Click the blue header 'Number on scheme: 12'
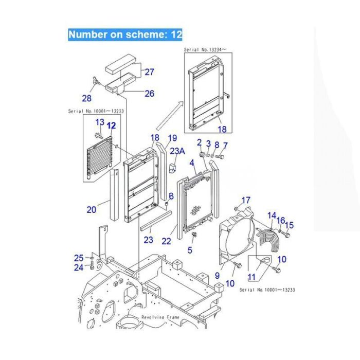tap(125, 34)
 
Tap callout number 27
tap(149, 72)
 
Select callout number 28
tap(87, 98)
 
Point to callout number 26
tap(149, 93)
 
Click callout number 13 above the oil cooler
tap(100, 122)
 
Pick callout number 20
tap(91, 209)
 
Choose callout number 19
tap(172, 138)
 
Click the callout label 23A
tap(177, 151)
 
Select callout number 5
tap(190, 250)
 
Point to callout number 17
tap(246, 200)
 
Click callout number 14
tap(272, 215)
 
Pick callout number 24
tap(78, 267)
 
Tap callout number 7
tap(225, 145)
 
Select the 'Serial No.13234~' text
tap(205, 50)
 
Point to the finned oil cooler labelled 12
tap(98, 157)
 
